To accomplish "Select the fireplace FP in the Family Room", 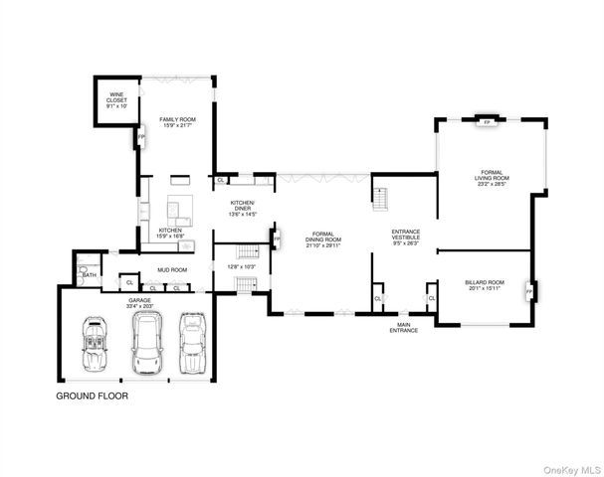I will (x=140, y=138).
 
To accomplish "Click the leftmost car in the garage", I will (x=95, y=343).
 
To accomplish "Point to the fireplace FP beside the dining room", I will (x=277, y=239).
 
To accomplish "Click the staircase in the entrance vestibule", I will (x=379, y=191).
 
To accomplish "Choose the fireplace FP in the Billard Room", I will (x=534, y=291).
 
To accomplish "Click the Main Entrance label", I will (x=404, y=327).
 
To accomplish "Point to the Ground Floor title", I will (x=91, y=395).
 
